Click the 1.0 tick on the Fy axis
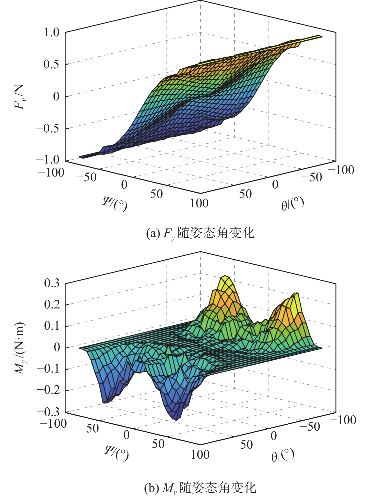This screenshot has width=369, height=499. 51,33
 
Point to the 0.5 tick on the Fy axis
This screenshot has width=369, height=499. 51,65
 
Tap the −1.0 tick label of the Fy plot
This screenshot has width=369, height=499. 48,159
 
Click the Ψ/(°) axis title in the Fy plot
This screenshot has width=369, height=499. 115,204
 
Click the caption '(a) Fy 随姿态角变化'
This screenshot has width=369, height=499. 200,233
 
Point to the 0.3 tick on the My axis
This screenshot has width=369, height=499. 52,283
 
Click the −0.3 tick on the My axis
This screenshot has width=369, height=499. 48,412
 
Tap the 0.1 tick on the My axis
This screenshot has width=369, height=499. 52,326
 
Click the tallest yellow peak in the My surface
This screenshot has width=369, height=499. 226,277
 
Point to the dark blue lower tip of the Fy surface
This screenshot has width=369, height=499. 82,157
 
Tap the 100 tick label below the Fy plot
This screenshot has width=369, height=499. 199,203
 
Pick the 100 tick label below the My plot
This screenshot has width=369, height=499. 200,455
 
